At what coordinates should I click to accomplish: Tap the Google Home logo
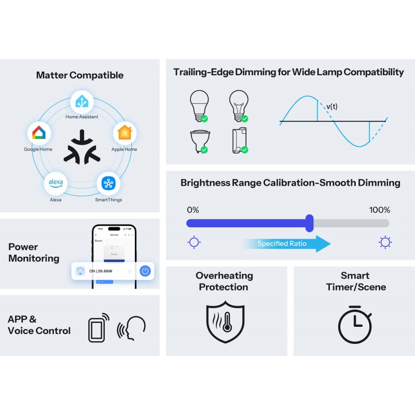[39, 134]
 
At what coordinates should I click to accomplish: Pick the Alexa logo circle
[56, 183]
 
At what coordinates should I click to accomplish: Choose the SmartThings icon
[108, 183]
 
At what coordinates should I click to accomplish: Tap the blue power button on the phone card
[145, 270]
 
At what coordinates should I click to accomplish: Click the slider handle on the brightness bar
[310, 223]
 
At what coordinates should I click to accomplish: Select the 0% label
[192, 210]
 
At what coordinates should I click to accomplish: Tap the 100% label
[379, 210]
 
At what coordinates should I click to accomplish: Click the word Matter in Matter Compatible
[51, 75]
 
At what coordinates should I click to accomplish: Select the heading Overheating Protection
[224, 281]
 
